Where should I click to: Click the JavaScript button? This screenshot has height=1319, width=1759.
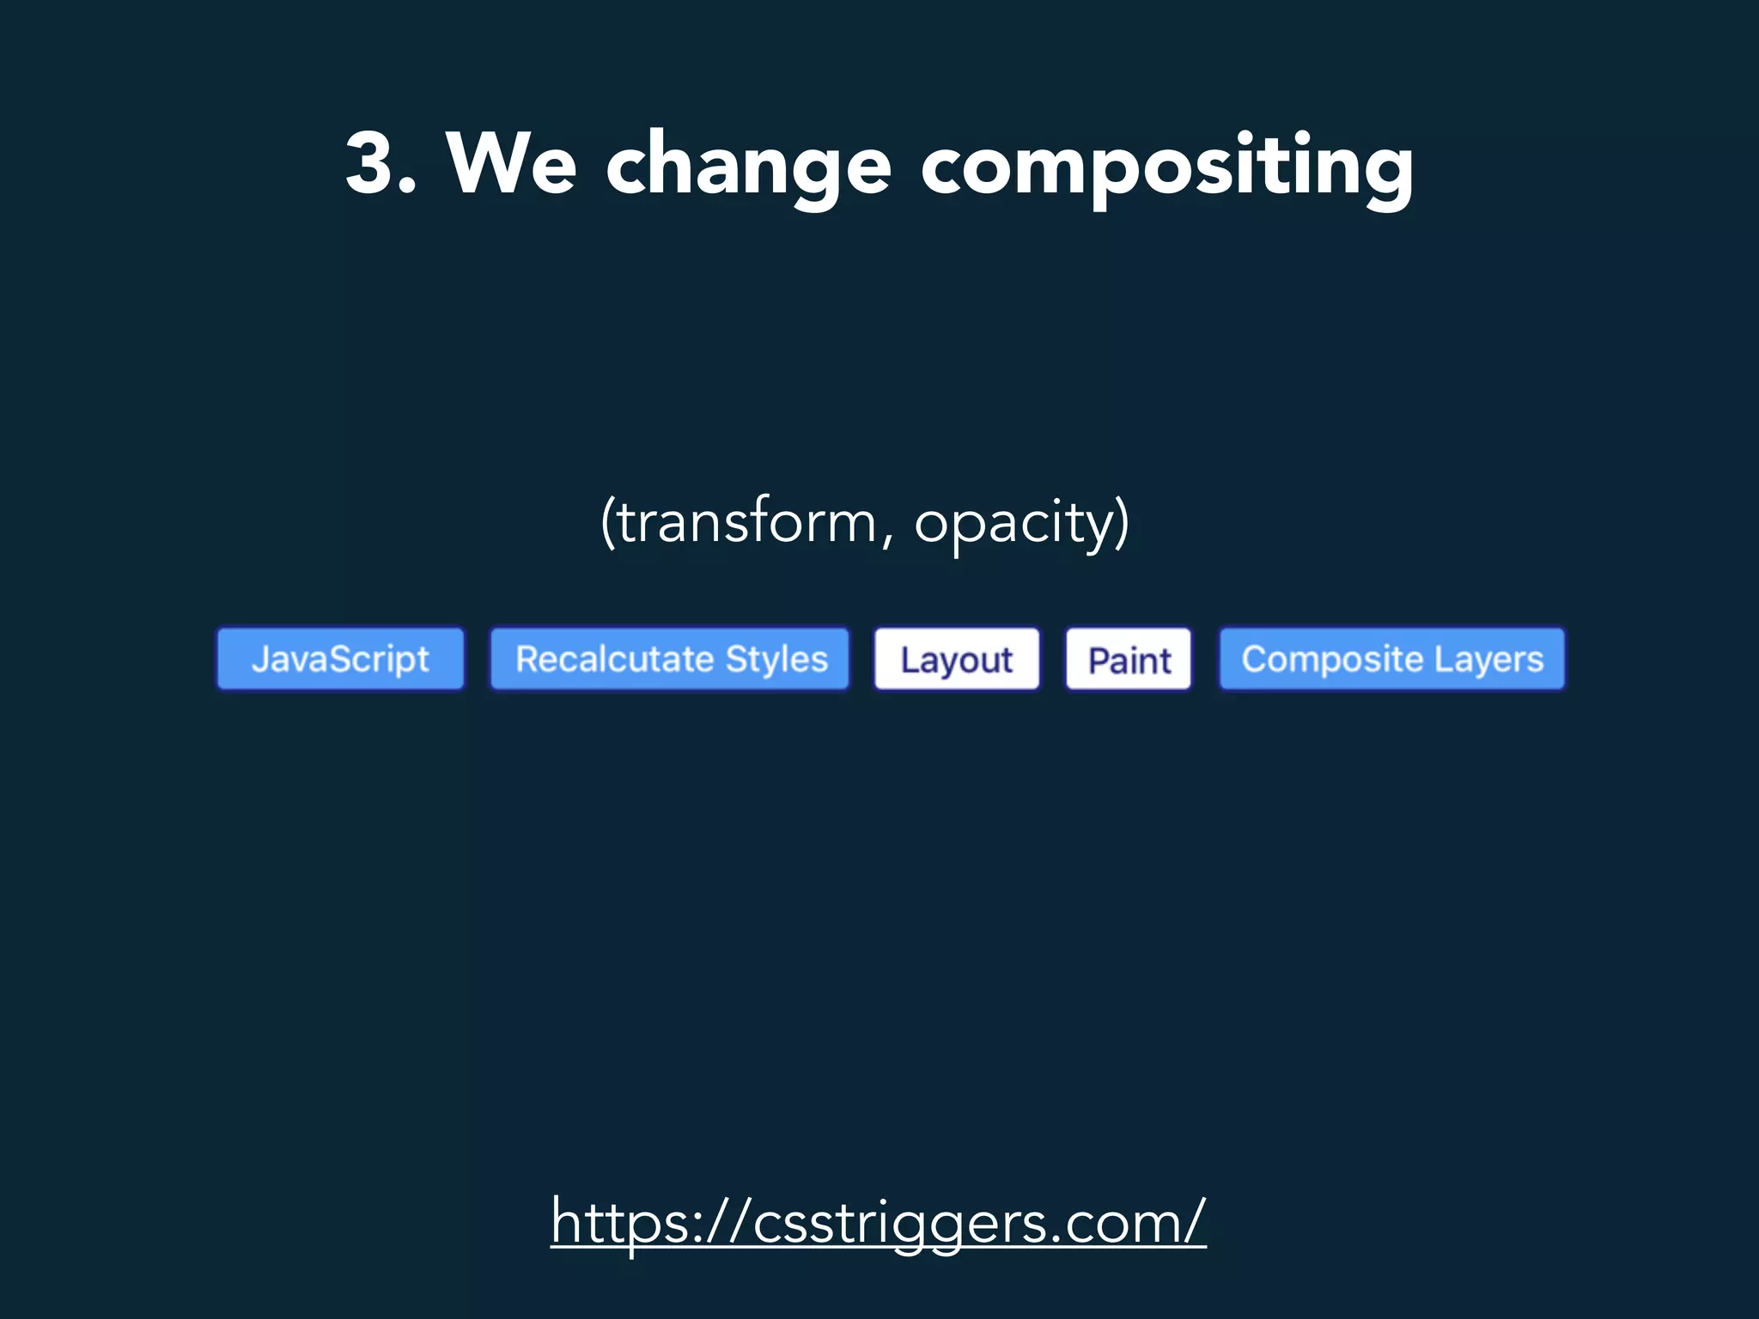pos(340,659)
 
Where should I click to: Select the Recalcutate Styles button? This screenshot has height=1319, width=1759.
pos(670,659)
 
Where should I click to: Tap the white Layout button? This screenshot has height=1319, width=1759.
pos(957,659)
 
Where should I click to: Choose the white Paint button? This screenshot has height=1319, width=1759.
pos(1129,659)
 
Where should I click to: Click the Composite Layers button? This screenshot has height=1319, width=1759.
pos(1392,659)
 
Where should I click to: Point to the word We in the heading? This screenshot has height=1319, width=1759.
pos(512,163)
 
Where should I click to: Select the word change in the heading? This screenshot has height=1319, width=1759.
pos(748,167)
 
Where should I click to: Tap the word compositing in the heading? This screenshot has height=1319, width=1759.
pos(1167,167)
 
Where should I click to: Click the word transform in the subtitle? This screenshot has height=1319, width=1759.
pos(746,521)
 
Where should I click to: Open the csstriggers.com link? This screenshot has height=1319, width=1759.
pos(879,1222)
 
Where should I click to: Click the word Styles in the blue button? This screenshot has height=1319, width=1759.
pos(776,659)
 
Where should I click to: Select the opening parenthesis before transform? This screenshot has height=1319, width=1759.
pos(608,521)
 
